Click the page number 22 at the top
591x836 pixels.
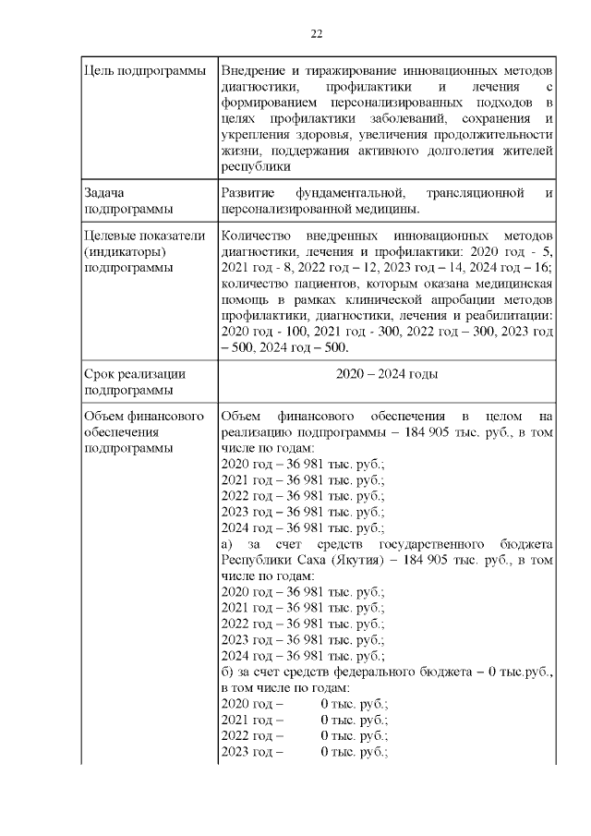tap(316, 34)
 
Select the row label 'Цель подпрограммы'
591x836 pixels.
tap(145, 71)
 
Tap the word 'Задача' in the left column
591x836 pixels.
tap(104, 193)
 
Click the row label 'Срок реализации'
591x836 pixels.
tap(135, 374)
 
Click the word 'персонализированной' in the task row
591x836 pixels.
tap(288, 210)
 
